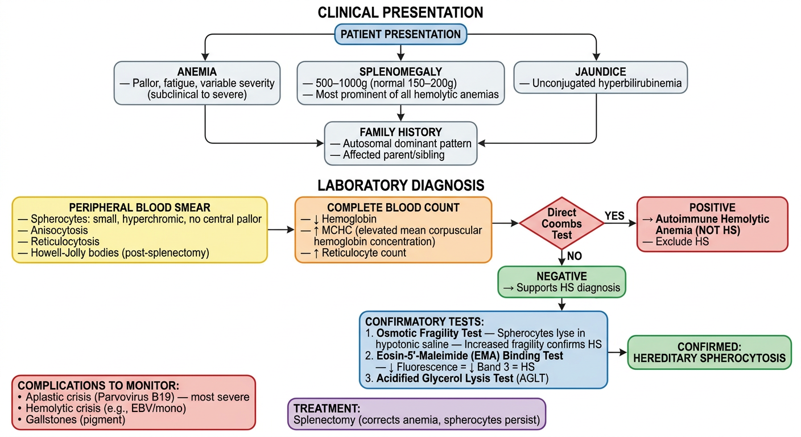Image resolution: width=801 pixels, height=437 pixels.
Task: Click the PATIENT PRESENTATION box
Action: (x=400, y=34)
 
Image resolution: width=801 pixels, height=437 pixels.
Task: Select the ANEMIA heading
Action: (x=197, y=72)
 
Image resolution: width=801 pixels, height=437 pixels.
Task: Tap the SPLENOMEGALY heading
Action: (x=400, y=72)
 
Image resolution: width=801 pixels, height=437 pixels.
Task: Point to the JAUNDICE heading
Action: (x=600, y=72)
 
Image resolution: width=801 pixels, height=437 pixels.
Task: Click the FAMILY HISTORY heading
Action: (x=400, y=132)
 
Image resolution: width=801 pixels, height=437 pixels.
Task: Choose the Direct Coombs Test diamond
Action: (x=561, y=223)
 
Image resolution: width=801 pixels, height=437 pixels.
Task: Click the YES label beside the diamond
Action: (x=614, y=216)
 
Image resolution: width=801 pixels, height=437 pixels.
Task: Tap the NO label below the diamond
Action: (x=574, y=256)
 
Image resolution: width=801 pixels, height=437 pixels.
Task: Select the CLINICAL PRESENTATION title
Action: (x=400, y=13)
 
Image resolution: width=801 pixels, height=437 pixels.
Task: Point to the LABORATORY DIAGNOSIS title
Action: (x=401, y=185)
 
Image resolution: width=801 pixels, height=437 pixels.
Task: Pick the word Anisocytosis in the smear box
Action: (x=59, y=230)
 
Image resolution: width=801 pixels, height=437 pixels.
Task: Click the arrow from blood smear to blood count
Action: (x=281, y=229)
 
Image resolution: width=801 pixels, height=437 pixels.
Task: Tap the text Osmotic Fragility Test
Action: (x=429, y=333)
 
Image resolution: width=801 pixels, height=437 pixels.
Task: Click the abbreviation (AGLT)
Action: (x=532, y=378)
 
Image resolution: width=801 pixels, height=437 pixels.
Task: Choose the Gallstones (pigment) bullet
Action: (x=72, y=419)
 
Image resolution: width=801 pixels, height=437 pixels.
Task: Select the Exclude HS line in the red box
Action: (x=676, y=242)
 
